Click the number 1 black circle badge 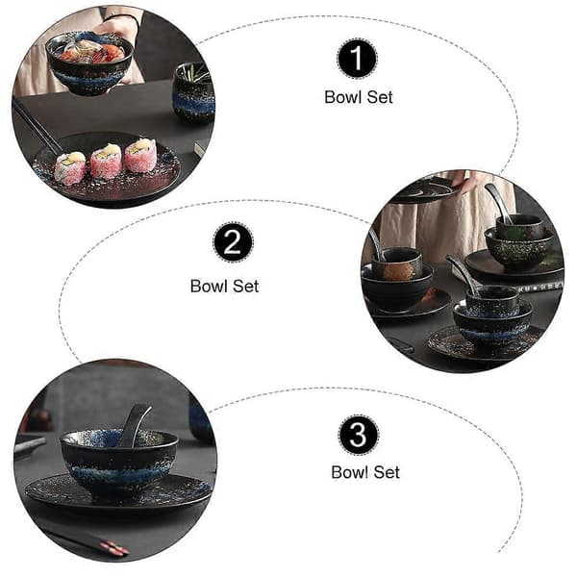tap(357, 59)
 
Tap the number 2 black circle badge tap(233, 242)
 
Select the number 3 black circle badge tap(358, 435)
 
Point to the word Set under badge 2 tap(245, 287)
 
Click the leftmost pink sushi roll tap(70, 167)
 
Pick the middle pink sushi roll tap(107, 161)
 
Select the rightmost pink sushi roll tap(141, 155)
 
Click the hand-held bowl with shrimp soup tap(90, 63)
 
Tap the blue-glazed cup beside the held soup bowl tap(194, 92)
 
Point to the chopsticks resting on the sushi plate tap(37, 128)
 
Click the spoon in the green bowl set tap(499, 203)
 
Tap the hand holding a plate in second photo tap(460, 181)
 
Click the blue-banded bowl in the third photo tap(118, 463)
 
